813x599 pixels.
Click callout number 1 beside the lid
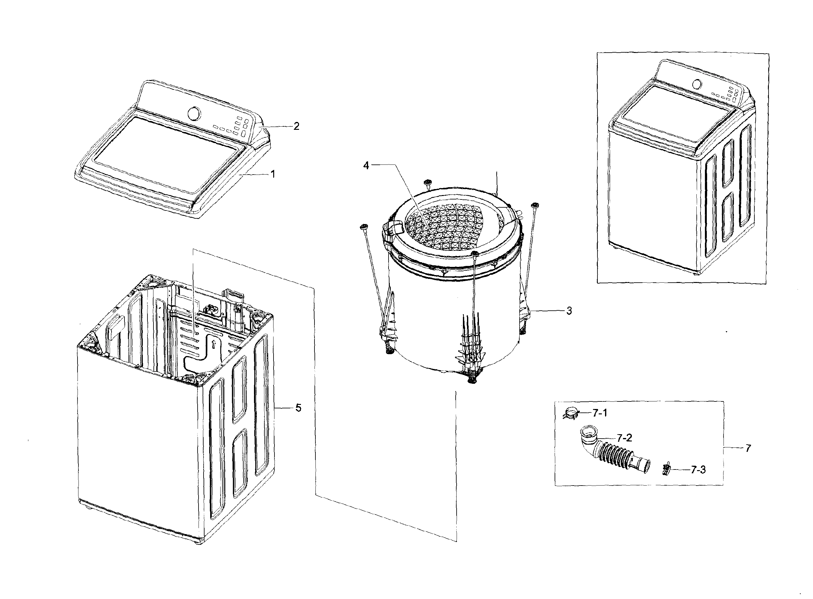(x=273, y=174)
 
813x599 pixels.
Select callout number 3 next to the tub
(x=569, y=311)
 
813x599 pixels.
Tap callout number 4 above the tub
(x=366, y=165)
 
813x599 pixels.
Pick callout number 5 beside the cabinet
(x=298, y=408)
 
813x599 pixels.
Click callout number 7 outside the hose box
(x=748, y=448)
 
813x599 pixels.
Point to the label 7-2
(x=624, y=438)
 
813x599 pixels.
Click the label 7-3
(x=698, y=470)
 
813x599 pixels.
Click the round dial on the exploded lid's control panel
(x=194, y=113)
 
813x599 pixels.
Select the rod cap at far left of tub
(x=363, y=228)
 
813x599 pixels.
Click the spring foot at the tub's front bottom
(x=472, y=379)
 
